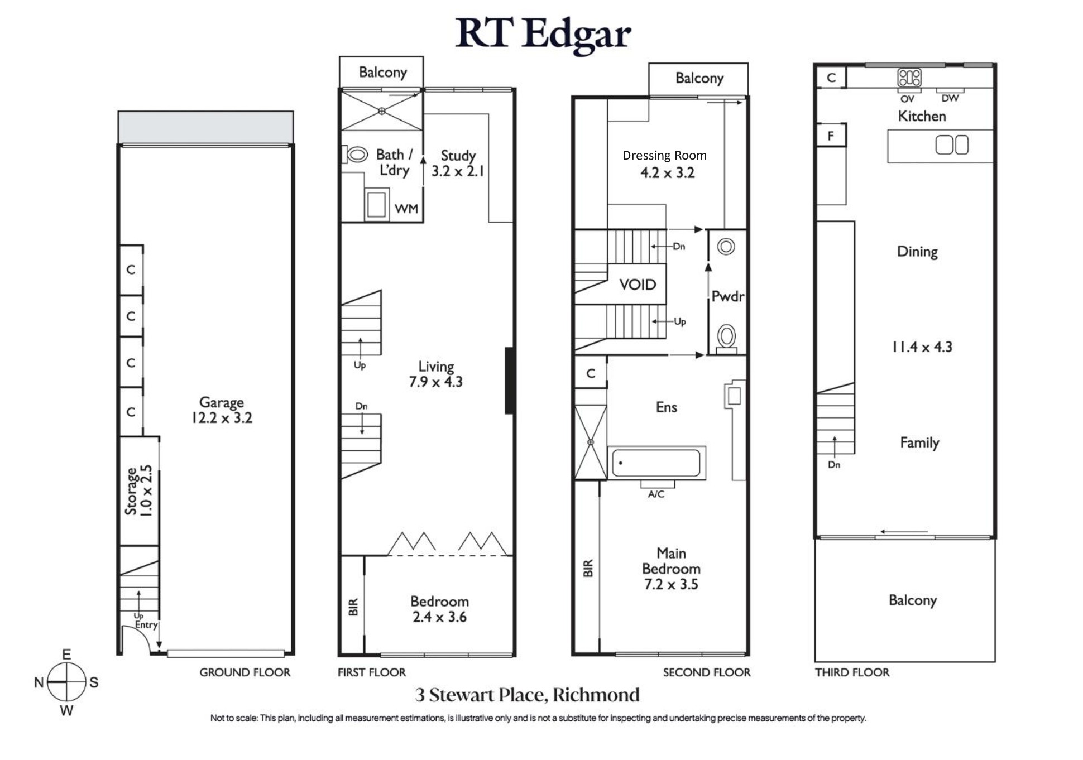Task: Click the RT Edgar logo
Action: coord(543,35)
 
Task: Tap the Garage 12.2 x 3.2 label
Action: coord(222,410)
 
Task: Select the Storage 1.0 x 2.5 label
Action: coord(138,491)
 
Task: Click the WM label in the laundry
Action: coord(406,209)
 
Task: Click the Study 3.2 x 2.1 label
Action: coord(458,163)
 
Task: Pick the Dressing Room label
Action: coord(664,155)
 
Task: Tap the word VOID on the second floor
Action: coord(638,285)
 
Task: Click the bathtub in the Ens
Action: coord(656,463)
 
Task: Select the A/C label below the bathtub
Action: coord(656,494)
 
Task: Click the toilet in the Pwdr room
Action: coord(726,337)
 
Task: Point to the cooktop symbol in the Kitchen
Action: coord(909,78)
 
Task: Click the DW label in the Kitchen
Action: coord(950,98)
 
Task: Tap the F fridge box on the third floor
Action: coord(831,136)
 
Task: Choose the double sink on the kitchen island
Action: coord(952,146)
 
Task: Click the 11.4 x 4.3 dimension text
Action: coord(922,347)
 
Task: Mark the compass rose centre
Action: coord(66,682)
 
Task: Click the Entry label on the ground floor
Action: coord(146,625)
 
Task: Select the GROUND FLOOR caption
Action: coord(245,672)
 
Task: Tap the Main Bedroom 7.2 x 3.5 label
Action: coord(671,569)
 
